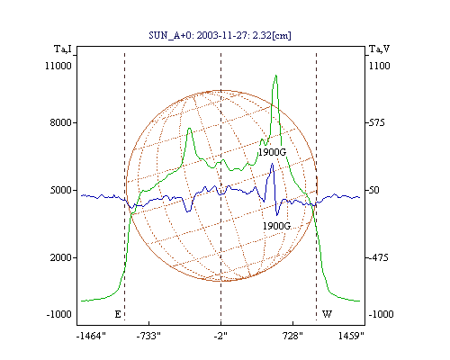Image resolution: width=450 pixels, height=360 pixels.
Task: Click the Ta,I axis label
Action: click(x=63, y=49)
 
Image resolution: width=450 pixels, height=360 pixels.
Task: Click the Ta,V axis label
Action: click(x=379, y=49)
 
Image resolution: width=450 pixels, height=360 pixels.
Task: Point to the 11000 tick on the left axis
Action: click(x=58, y=66)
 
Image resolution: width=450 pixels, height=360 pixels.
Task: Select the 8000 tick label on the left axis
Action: click(x=61, y=122)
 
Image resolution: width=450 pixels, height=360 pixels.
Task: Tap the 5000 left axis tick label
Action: click(x=61, y=190)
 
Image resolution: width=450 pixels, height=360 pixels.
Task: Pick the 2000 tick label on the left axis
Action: click(x=61, y=257)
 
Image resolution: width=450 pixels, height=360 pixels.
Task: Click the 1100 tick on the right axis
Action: click(x=379, y=66)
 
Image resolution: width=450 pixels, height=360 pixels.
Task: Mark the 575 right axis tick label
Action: click(x=376, y=122)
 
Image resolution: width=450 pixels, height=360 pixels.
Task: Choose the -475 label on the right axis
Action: click(x=378, y=257)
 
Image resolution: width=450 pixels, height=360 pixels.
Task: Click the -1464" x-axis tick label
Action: click(x=91, y=336)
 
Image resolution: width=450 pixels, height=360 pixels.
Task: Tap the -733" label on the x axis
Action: click(x=148, y=336)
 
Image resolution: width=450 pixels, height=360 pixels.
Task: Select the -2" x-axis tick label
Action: click(x=220, y=336)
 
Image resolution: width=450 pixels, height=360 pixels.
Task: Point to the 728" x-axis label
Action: click(x=292, y=336)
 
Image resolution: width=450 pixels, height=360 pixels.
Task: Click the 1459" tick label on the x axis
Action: click(x=351, y=336)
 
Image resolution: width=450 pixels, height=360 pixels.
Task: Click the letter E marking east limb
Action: click(x=118, y=314)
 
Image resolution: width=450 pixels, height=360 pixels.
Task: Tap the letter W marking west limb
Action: click(x=327, y=314)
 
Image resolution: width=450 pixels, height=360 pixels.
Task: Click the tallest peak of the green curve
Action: click(x=276, y=76)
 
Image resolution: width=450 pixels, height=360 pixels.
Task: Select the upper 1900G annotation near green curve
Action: click(x=273, y=152)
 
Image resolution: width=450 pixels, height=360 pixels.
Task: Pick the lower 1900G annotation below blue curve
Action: click(x=276, y=226)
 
